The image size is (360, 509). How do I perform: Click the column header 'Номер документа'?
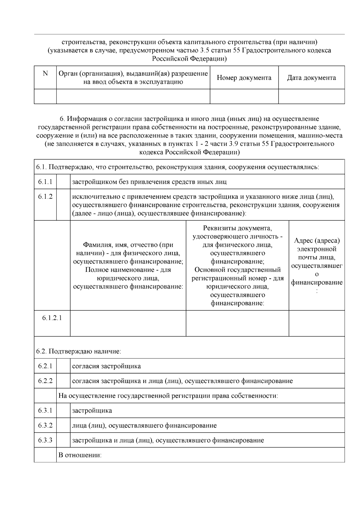tap(244, 78)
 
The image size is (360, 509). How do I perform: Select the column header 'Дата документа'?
tap(311, 78)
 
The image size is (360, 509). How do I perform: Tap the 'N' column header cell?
tap(45, 74)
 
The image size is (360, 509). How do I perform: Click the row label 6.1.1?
tap(45, 182)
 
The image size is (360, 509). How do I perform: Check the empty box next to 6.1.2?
tap(63, 205)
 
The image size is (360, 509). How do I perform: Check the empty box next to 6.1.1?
tap(63, 182)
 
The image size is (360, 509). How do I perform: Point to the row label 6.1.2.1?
tap(52, 318)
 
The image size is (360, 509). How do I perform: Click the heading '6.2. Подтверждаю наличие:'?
tap(79, 351)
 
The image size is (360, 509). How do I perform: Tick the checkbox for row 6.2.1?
tap(63, 366)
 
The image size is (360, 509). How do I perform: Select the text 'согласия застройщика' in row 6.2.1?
tap(106, 366)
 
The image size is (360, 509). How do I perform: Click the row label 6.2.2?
tap(45, 381)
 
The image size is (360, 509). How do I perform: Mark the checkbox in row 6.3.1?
tap(63, 410)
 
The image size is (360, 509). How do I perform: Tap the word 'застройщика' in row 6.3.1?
tap(92, 411)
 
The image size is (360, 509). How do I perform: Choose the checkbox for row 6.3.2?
tap(63, 425)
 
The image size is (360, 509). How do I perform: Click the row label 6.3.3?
tap(45, 440)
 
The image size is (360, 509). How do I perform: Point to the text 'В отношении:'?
tap(80, 455)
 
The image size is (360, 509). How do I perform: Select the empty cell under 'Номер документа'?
tap(244, 97)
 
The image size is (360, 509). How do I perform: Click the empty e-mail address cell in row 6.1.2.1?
tap(316, 323)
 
